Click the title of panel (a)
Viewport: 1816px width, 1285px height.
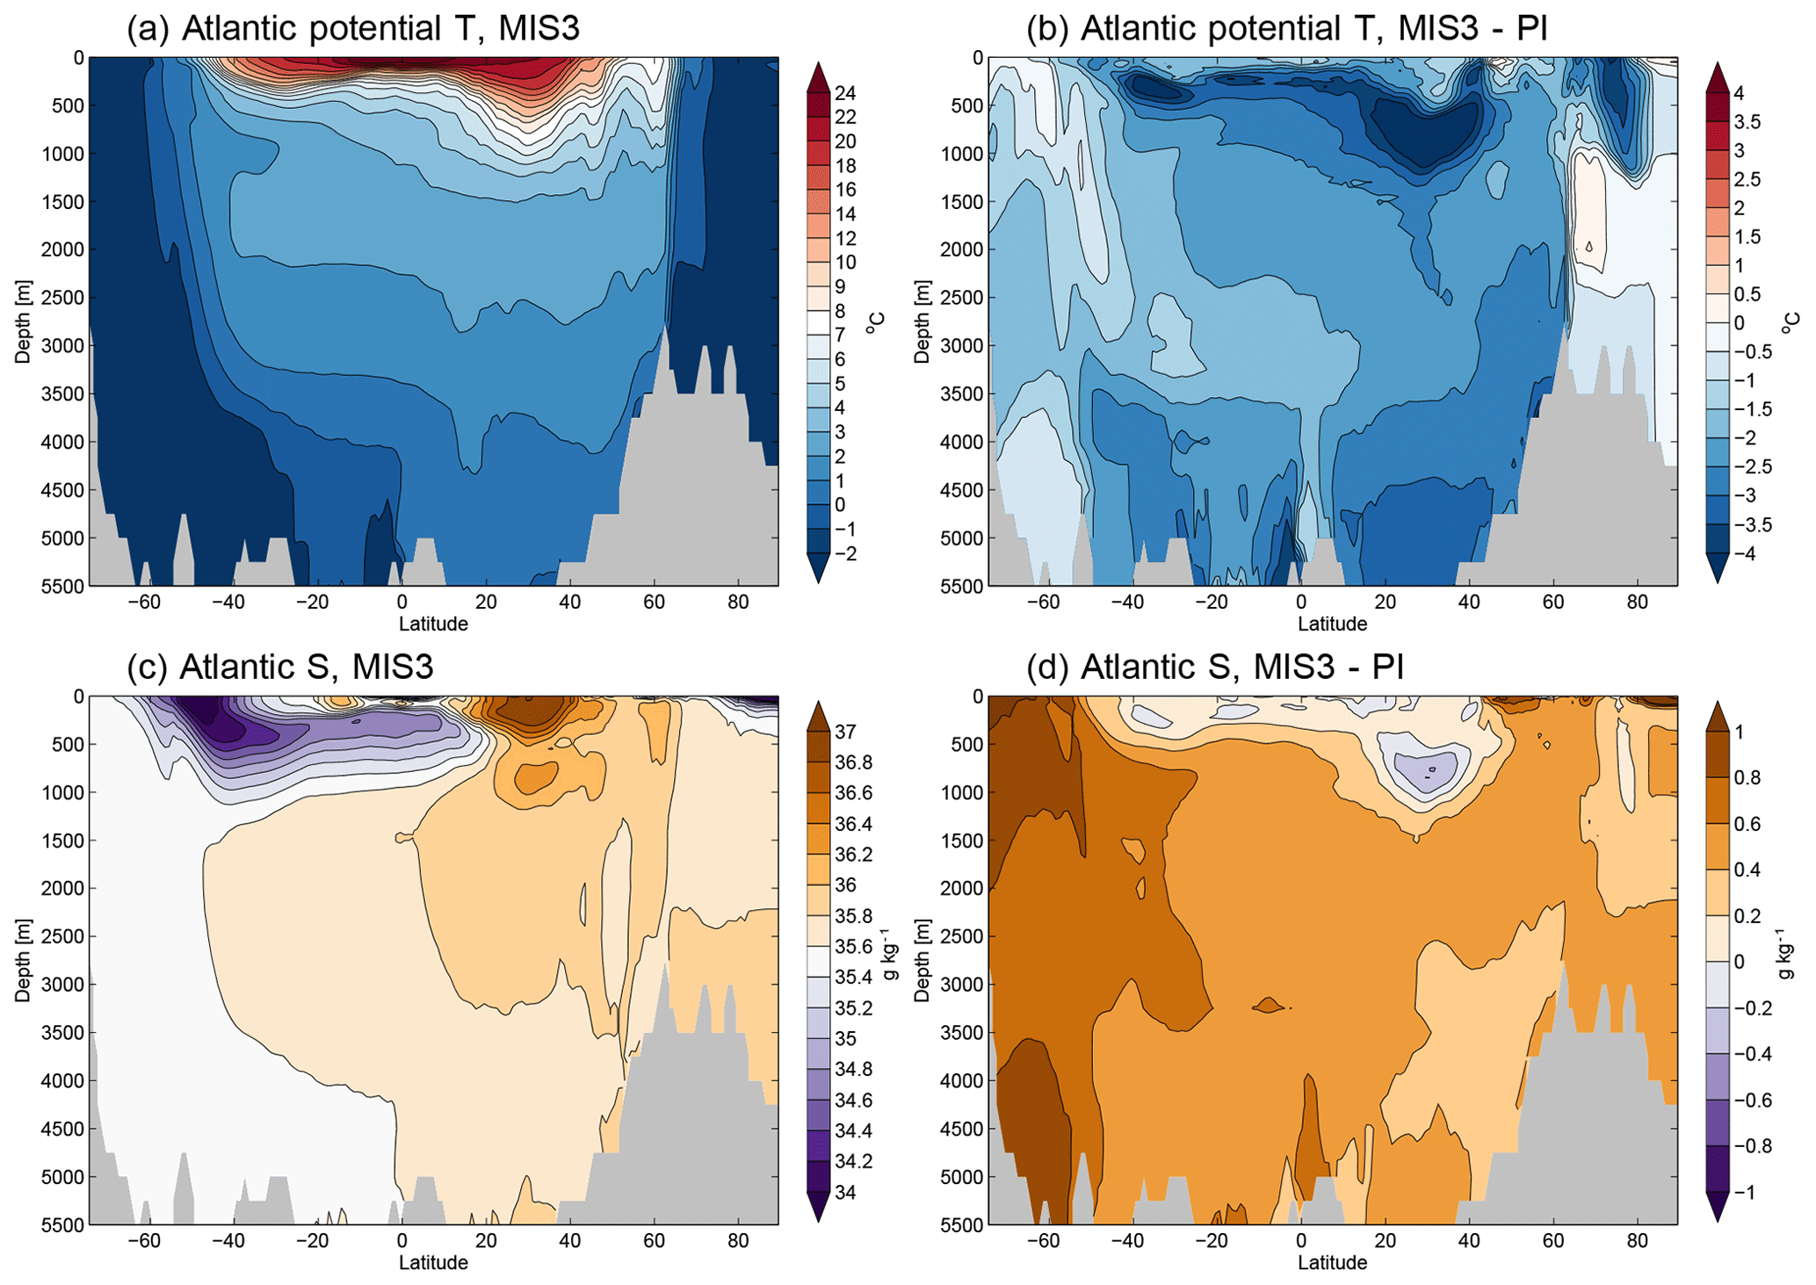click(353, 28)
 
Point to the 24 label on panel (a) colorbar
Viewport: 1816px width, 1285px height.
click(845, 93)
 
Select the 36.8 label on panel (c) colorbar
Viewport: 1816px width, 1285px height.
click(852, 762)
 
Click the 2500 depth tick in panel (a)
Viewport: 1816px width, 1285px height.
click(62, 297)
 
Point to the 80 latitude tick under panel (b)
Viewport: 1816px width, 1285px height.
click(1637, 603)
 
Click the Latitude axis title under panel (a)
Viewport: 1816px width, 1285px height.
click(433, 624)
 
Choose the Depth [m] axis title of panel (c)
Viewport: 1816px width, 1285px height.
click(23, 960)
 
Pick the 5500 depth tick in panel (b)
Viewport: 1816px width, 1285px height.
click(962, 585)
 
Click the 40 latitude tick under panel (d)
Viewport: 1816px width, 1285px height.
click(1469, 1241)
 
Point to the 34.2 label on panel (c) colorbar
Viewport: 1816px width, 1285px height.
click(852, 1161)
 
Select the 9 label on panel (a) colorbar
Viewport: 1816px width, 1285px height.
click(840, 286)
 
